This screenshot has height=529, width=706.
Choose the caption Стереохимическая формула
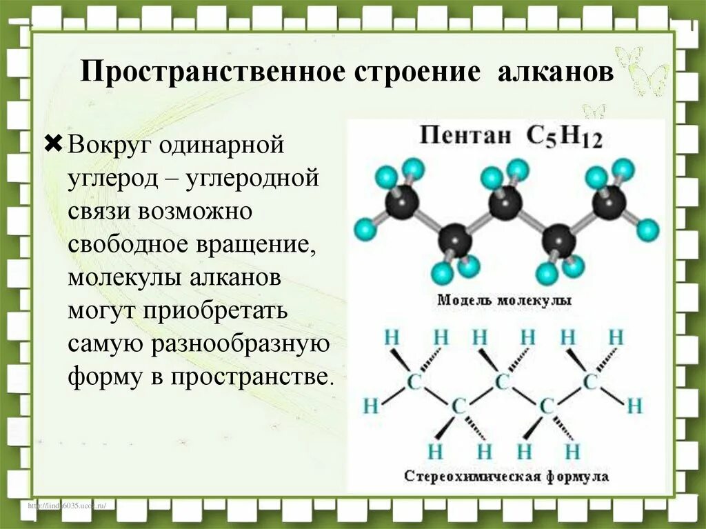click(506, 477)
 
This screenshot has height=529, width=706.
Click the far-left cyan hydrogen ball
click(363, 230)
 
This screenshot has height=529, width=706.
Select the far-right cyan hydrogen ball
click(647, 229)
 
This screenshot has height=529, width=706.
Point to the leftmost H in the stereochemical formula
click(371, 406)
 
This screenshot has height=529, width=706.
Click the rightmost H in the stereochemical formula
click(635, 405)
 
